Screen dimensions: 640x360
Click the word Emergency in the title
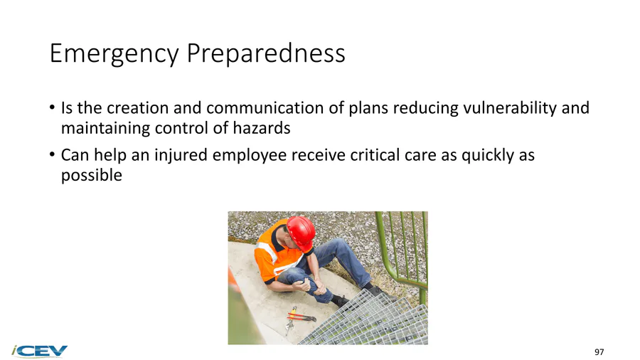pyautogui.click(x=114, y=53)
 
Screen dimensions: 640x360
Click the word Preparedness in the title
pyautogui.click(x=266, y=53)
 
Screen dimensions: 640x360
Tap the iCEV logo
pyautogui.click(x=39, y=351)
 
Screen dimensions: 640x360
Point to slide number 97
pyautogui.click(x=599, y=352)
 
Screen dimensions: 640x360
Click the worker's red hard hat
pyautogui.click(x=302, y=233)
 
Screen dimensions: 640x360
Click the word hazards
pyautogui.click(x=261, y=128)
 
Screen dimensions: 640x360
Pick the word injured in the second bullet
pyautogui.click(x=181, y=156)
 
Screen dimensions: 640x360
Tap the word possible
pyautogui.click(x=92, y=176)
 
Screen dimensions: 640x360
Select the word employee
pyautogui.click(x=250, y=156)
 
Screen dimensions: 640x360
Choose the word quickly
pyautogui.click(x=487, y=156)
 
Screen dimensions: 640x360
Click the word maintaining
pyautogui.click(x=106, y=129)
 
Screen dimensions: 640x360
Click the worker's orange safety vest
pyautogui.click(x=272, y=253)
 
